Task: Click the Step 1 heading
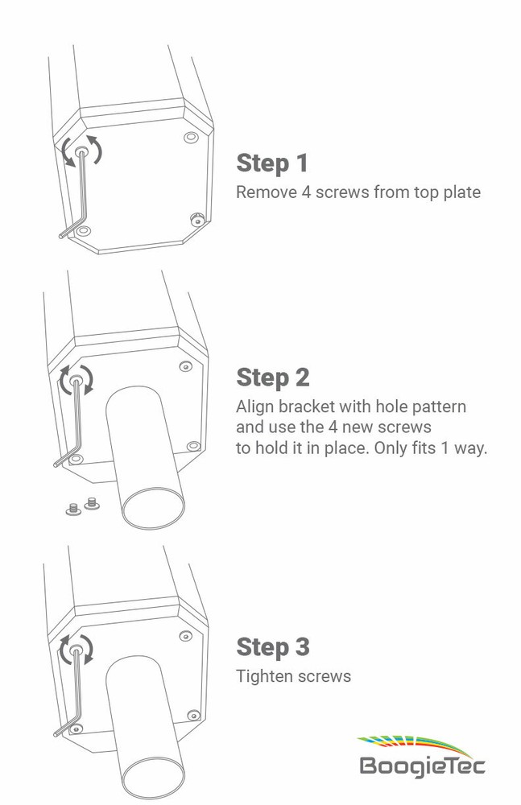272,163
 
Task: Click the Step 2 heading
272,377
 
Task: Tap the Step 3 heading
272,646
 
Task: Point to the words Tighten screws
293,676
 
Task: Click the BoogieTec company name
422,765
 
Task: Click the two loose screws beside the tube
81,506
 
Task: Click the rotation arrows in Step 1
82,151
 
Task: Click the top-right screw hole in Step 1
190,138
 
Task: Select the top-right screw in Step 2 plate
185,366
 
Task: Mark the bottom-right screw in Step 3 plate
192,715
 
